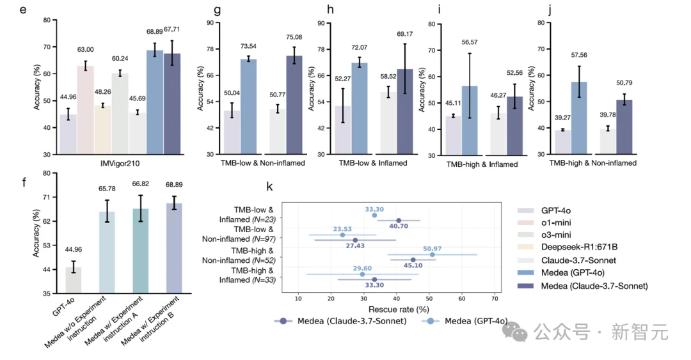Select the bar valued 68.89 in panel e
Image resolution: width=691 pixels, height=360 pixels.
coord(155,102)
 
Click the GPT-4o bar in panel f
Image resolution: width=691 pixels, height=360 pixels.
coord(73,280)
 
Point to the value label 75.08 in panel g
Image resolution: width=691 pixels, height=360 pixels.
coord(294,37)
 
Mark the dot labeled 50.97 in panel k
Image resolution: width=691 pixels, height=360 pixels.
coord(433,254)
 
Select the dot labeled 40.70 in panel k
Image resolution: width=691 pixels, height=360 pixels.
coord(398,221)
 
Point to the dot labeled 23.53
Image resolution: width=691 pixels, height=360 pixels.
coord(342,235)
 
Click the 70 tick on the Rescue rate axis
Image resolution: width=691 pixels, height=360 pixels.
coord(494,297)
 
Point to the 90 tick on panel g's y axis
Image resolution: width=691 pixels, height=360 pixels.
coord(210,23)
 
